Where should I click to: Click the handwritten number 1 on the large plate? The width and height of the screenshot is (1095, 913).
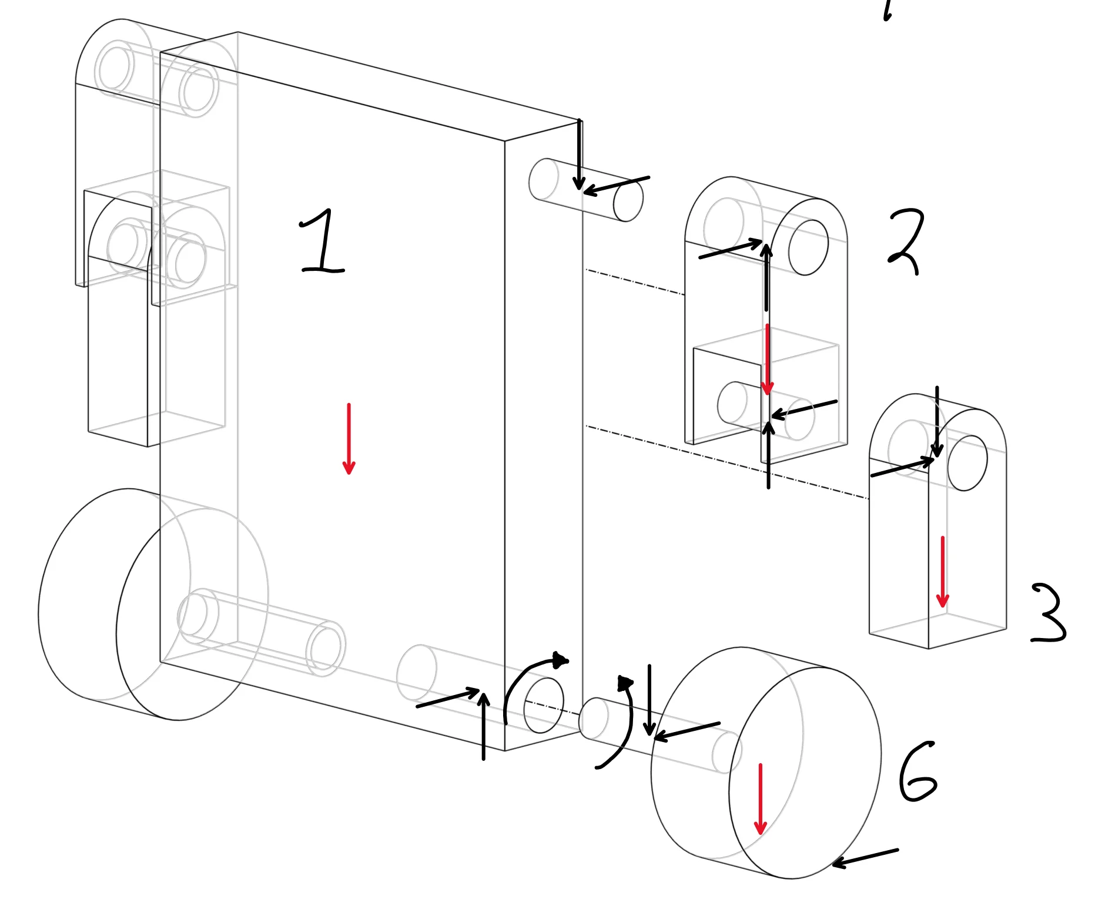pyautogui.click(x=322, y=242)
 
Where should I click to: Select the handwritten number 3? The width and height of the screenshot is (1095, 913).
pyautogui.click(x=1049, y=613)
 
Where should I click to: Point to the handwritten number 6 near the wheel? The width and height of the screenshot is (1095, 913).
pyautogui.click(x=917, y=772)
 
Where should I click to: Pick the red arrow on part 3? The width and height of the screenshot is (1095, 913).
pyautogui.click(x=942, y=572)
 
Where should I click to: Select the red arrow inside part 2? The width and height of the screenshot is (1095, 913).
pyautogui.click(x=767, y=360)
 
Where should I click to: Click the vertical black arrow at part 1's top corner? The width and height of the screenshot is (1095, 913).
pyautogui.click(x=579, y=154)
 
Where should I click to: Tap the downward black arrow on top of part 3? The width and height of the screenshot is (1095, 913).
pyautogui.click(x=937, y=421)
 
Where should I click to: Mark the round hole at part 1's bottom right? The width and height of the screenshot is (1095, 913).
pyautogui.click(x=543, y=705)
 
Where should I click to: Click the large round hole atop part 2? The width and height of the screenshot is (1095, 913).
pyautogui.click(x=808, y=247)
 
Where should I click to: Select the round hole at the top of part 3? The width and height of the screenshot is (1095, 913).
pyautogui.click(x=967, y=463)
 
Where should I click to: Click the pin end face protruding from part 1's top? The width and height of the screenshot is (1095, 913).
pyautogui.click(x=628, y=201)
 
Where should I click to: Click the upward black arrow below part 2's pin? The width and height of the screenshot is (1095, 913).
pyautogui.click(x=768, y=455)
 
